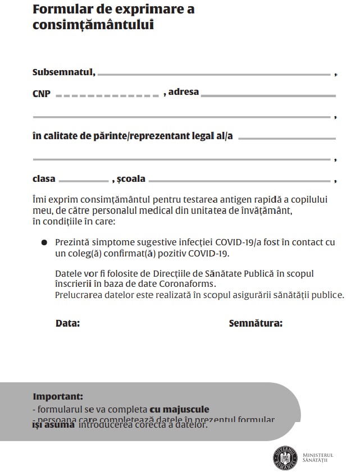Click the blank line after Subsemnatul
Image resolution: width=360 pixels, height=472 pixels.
point(215,74)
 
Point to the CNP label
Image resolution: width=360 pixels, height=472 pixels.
point(42,94)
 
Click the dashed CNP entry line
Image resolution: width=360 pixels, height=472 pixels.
point(108,96)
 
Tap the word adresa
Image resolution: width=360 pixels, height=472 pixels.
point(184,91)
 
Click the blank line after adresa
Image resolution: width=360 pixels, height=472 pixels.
point(268,96)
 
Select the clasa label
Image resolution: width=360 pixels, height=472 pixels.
point(44,178)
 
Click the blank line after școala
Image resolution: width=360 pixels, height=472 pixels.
point(240,181)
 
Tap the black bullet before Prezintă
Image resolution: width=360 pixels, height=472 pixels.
point(44,242)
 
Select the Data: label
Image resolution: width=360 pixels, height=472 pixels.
point(67,323)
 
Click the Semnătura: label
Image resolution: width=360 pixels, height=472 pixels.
point(256,323)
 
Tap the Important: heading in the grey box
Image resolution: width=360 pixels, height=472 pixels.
point(58,396)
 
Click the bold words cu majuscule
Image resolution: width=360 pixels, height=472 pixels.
point(179,409)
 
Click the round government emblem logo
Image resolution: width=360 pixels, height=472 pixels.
point(285,457)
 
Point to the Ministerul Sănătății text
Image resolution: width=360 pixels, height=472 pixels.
point(317,457)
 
